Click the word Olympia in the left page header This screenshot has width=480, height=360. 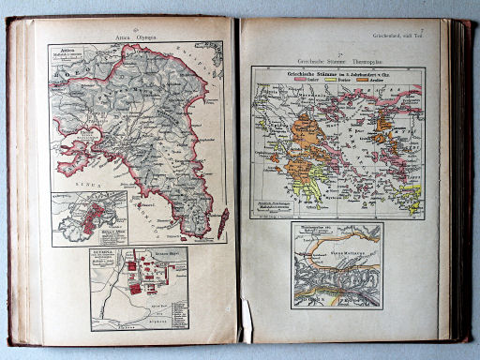pos(143,37)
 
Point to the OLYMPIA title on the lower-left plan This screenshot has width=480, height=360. pos(103,253)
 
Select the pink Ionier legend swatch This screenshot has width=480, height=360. pos(302,82)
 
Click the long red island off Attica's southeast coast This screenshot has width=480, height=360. pos(222,221)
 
